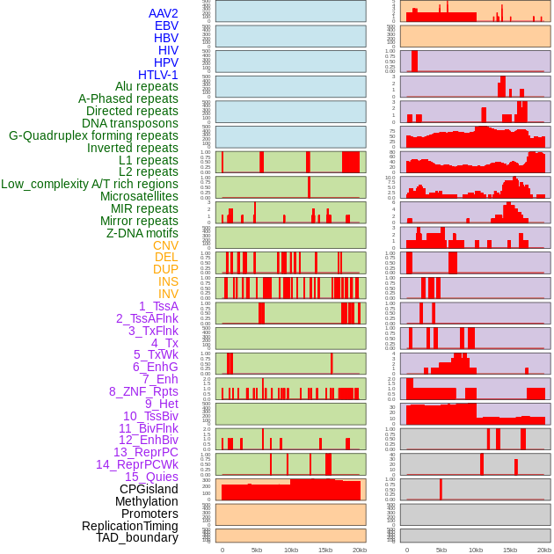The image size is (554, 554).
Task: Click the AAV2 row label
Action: point(163,13)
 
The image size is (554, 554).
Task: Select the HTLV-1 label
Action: point(157,75)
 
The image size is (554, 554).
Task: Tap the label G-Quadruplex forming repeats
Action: point(93,135)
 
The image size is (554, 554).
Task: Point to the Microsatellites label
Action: point(139,196)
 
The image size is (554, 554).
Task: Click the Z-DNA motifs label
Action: point(142,233)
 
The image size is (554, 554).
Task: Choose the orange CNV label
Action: point(165,245)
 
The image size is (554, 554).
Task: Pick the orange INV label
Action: point(168,294)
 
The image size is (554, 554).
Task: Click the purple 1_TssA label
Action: point(158,306)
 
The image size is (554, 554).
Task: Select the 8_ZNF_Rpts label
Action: point(143,391)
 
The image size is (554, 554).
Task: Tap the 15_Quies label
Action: point(151,477)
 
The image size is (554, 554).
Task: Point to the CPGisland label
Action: point(149,489)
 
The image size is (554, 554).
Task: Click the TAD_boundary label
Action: point(136,537)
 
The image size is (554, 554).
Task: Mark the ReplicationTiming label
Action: point(129,526)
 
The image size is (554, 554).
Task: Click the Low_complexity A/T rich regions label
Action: point(90,184)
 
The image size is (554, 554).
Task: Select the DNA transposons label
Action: point(130,123)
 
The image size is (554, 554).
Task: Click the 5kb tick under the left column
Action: point(257,550)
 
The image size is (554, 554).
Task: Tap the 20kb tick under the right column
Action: point(544,550)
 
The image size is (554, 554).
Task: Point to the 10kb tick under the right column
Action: point(476,550)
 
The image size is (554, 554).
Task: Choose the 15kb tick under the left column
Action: point(325,550)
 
